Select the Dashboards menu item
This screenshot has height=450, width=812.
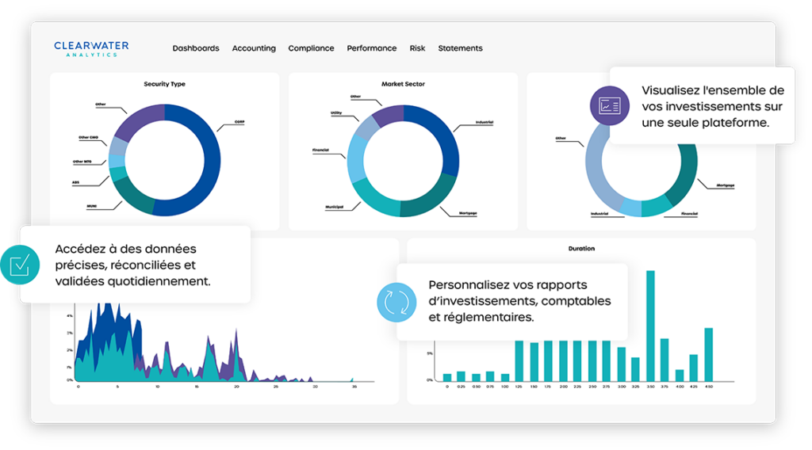coord(196,48)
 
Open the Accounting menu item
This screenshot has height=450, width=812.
coord(254,48)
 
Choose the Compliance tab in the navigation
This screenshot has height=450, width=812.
coord(311,48)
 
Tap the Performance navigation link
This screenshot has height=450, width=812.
coord(371,48)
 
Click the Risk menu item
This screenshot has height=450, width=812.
coord(417,48)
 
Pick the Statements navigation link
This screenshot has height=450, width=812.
coord(460,48)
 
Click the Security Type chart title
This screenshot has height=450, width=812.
coord(164,84)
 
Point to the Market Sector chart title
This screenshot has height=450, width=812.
coord(403,84)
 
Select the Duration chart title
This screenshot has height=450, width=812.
coord(581,249)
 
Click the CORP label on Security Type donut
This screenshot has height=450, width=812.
coord(239,122)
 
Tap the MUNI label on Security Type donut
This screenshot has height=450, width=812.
coord(92,206)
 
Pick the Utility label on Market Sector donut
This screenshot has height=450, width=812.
coord(335,113)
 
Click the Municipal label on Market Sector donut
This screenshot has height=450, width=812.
coord(333,207)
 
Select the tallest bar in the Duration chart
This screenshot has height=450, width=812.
coord(650,325)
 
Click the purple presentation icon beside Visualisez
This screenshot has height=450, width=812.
coord(610,105)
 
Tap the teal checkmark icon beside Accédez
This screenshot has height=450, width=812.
coord(19,264)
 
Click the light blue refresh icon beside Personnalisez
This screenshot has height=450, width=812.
coord(396,302)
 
